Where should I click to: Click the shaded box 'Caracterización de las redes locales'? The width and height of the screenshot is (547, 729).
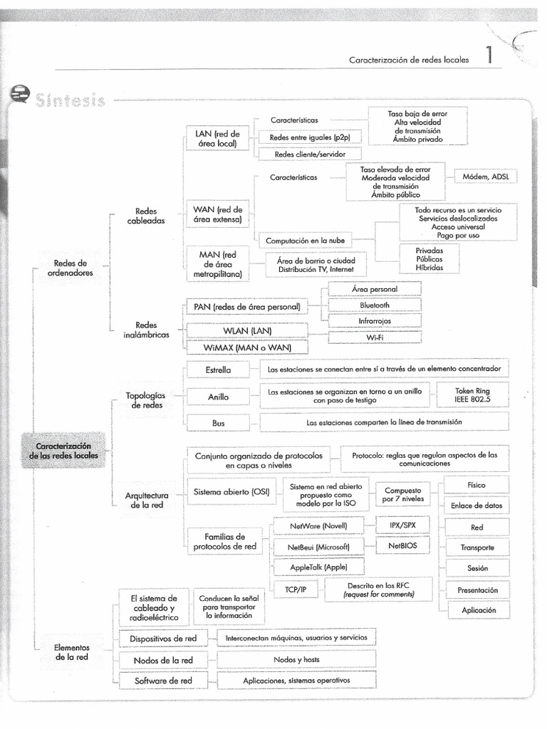(x=64, y=450)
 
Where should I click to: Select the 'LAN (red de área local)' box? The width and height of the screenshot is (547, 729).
(x=217, y=138)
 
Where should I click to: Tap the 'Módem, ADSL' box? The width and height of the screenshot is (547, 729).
(x=490, y=177)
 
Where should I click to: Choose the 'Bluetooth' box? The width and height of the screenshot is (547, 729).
(x=375, y=305)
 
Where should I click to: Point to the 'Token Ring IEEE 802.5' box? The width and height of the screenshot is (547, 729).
(x=472, y=396)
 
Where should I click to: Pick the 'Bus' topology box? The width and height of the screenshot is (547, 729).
(x=219, y=423)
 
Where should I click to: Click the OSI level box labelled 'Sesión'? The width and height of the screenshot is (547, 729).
(x=477, y=569)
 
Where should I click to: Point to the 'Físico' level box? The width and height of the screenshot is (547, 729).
(x=476, y=485)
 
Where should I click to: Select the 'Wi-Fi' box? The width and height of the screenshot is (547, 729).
(x=375, y=337)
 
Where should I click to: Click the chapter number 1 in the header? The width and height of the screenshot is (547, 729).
(x=489, y=58)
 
